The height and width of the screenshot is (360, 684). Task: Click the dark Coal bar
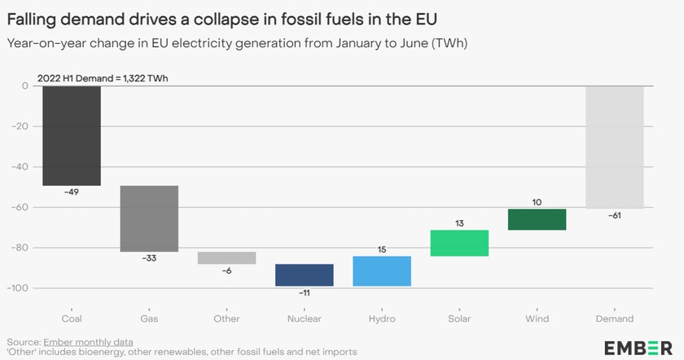click(72, 135)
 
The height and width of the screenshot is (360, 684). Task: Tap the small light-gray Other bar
click(226, 257)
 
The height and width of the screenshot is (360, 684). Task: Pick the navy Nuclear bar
click(305, 274)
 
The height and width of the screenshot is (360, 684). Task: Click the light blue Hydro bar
click(382, 270)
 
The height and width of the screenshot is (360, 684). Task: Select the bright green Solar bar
click(459, 243)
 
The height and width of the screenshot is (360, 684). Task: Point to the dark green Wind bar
click(537, 219)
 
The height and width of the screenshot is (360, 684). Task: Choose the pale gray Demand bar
click(614, 147)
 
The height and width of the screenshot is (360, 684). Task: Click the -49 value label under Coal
click(72, 193)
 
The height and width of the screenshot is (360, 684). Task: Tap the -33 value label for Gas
click(149, 259)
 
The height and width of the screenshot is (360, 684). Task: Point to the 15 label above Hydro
click(382, 249)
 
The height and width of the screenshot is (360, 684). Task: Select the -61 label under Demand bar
click(614, 216)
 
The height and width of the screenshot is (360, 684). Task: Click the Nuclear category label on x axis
click(305, 318)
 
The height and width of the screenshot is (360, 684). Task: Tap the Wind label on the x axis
click(537, 318)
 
